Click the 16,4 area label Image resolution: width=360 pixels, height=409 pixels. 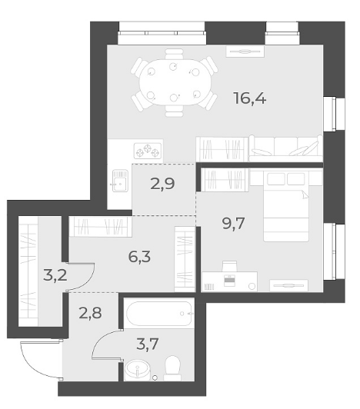click(250, 98)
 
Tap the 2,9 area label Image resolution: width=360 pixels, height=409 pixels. click(162, 185)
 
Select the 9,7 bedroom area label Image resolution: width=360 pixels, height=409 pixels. click(233, 224)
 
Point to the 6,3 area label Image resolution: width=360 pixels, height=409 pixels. click(139, 257)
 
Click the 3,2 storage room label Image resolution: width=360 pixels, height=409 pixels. click(55, 275)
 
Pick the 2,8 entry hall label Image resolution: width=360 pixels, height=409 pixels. click(90, 313)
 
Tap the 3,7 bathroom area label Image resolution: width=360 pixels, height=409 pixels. click(148, 344)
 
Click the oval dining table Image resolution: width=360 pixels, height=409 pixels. click(175, 82)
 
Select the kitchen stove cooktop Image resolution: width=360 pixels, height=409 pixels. click(148, 151)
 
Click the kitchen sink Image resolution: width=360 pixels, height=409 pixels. click(120, 181)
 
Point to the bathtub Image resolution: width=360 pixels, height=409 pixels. click(159, 314)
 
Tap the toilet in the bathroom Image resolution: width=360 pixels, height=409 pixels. click(172, 367)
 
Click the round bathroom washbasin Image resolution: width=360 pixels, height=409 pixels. click(138, 370)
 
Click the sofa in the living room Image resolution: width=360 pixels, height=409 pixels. click(285, 149)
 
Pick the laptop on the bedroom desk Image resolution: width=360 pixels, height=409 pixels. click(230, 279)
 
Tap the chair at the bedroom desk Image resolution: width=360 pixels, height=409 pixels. click(229, 266)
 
